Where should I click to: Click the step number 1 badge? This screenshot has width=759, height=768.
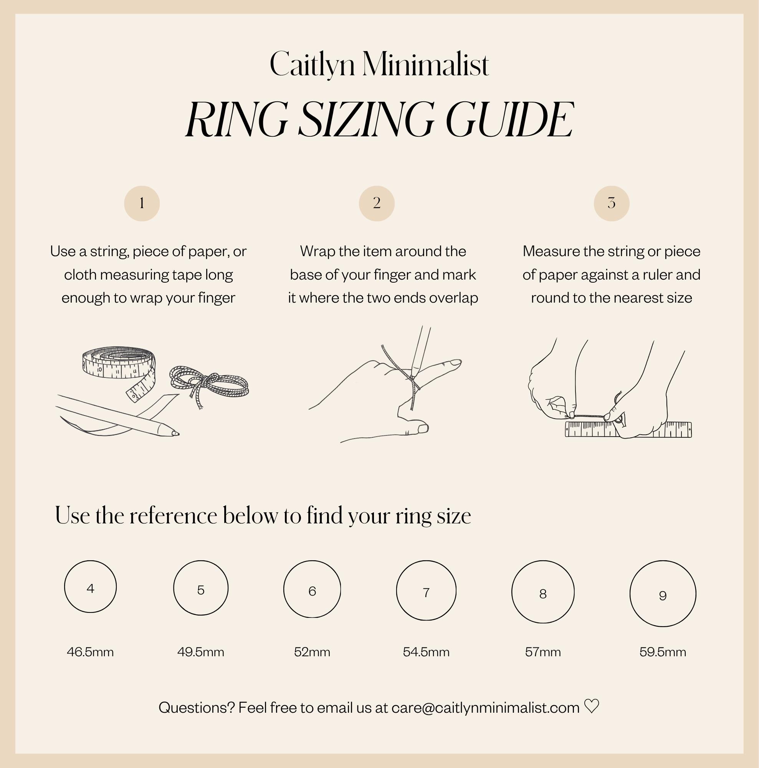coord(142,203)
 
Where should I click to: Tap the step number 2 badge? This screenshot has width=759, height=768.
coord(377,203)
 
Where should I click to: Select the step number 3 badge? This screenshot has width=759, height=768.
coord(612,203)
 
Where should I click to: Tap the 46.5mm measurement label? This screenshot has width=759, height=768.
coord(90,652)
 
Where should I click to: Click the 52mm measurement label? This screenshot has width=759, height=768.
coord(312,652)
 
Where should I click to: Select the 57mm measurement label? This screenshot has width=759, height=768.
coord(543,652)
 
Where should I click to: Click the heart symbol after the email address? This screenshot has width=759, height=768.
coord(592,707)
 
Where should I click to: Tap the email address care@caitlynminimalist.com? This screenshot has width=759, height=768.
coord(485,708)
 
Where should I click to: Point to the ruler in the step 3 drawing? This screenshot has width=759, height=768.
coord(628,429)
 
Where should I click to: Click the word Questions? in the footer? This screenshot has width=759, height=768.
coord(197,708)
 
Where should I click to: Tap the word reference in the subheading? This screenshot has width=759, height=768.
coord(174,516)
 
